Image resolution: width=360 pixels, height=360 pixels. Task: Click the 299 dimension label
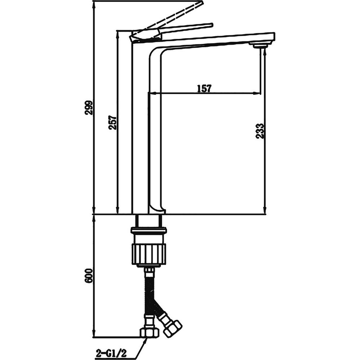(89, 107)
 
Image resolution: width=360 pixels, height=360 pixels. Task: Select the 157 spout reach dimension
(204, 89)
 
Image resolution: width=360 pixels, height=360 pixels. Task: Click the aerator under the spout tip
(260, 45)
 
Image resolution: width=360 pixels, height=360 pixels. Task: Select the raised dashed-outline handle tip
(200, 3)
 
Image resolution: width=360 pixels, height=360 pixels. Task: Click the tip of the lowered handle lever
(211, 24)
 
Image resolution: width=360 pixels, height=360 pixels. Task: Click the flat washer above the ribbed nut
(149, 230)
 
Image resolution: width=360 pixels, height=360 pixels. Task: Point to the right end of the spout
(274, 37)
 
